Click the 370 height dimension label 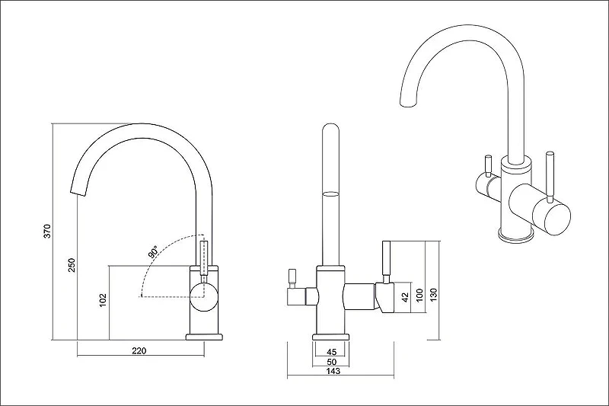tap(47, 231)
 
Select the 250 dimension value tap(72, 265)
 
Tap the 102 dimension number tap(103, 300)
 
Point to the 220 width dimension tap(139, 351)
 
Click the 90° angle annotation tap(154, 252)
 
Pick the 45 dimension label tap(331, 352)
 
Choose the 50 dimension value tap(331, 362)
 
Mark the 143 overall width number tap(333, 371)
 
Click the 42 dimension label tap(405, 297)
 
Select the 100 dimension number tap(419, 296)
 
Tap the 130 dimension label tap(434, 296)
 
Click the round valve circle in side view tap(204, 297)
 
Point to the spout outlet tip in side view tap(78, 191)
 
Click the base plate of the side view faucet tap(204, 337)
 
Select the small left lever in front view tap(292, 278)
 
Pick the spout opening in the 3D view tap(408, 103)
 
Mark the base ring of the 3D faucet tap(517, 236)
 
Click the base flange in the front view tap(331, 337)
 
